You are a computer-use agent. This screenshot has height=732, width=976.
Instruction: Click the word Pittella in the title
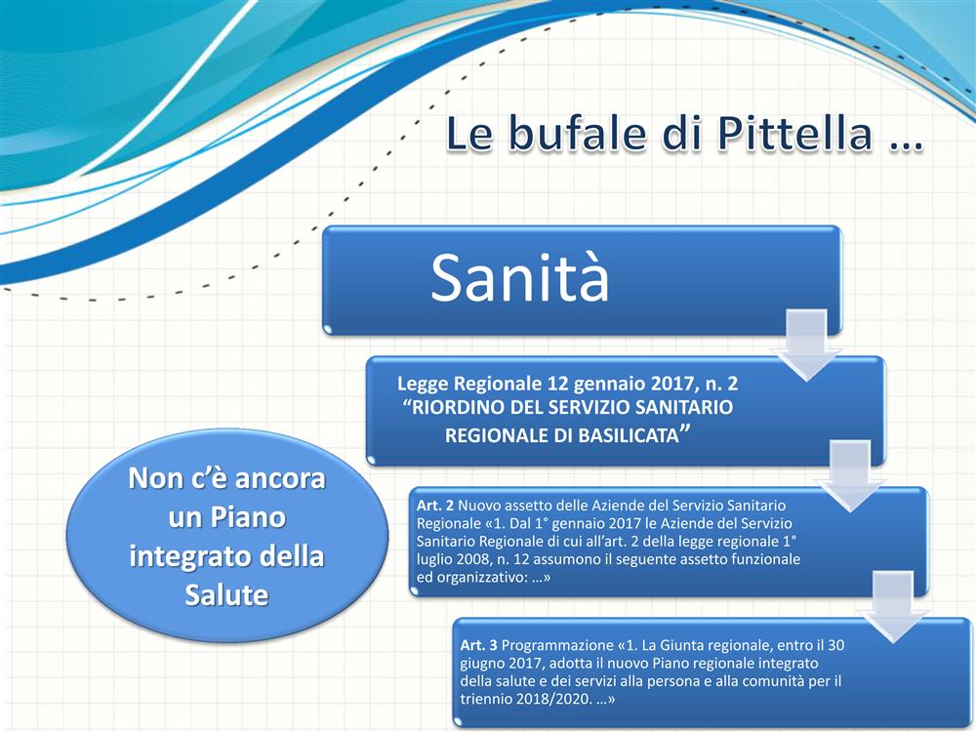[794, 133]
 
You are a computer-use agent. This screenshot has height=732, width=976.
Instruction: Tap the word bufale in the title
[576, 133]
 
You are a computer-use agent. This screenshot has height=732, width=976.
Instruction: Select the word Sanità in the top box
[520, 277]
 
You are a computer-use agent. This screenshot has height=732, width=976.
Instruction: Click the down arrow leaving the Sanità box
[807, 345]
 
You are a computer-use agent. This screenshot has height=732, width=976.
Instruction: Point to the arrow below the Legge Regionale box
[851, 475]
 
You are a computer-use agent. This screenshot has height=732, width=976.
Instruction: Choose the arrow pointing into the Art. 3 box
[894, 606]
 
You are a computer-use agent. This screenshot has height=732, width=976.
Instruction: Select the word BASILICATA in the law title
[628, 435]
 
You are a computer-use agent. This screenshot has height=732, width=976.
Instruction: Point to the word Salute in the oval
[226, 595]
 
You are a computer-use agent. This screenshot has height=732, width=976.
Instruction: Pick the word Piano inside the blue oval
[248, 517]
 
